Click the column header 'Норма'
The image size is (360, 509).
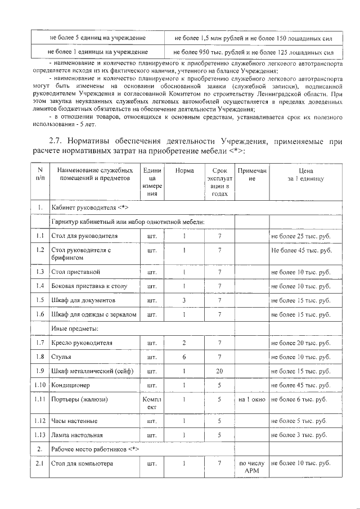(184, 170)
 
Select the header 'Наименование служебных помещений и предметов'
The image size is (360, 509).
(92, 174)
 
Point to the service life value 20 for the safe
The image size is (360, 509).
(219, 372)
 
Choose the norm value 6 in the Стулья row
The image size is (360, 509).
(184, 357)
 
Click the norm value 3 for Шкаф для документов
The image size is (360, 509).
(184, 300)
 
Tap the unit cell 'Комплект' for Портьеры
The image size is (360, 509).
(152, 403)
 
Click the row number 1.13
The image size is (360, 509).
(39, 435)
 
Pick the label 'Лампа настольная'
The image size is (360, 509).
(77, 435)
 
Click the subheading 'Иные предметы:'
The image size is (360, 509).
(75, 328)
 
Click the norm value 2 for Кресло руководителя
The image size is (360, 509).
(184, 343)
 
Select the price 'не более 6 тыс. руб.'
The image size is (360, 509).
(299, 400)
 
